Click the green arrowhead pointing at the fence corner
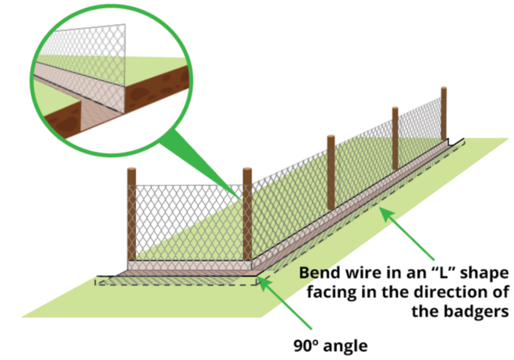(263, 282)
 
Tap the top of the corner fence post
(248, 171)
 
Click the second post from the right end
(396, 137)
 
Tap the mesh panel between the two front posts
(189, 221)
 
